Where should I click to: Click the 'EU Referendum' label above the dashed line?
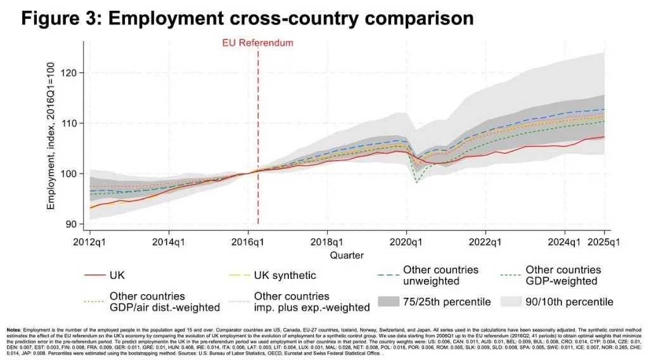coord(257,43)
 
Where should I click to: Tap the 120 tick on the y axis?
coord(69,73)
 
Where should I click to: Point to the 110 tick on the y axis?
coord(69,123)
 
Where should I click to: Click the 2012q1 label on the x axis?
coord(90,241)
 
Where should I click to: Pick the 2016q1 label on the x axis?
coord(248,241)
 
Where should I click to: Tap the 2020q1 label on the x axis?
coord(406,241)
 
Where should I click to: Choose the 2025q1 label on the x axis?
coord(604,241)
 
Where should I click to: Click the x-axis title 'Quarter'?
coord(347,255)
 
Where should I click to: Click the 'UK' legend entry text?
coord(118,276)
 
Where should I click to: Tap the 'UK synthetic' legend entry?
coord(285,276)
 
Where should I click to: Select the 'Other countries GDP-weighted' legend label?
coord(563,275)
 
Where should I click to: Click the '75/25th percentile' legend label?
coord(447,302)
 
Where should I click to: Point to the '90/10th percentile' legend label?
coord(569,302)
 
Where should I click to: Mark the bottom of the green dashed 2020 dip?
coord(416,182)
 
